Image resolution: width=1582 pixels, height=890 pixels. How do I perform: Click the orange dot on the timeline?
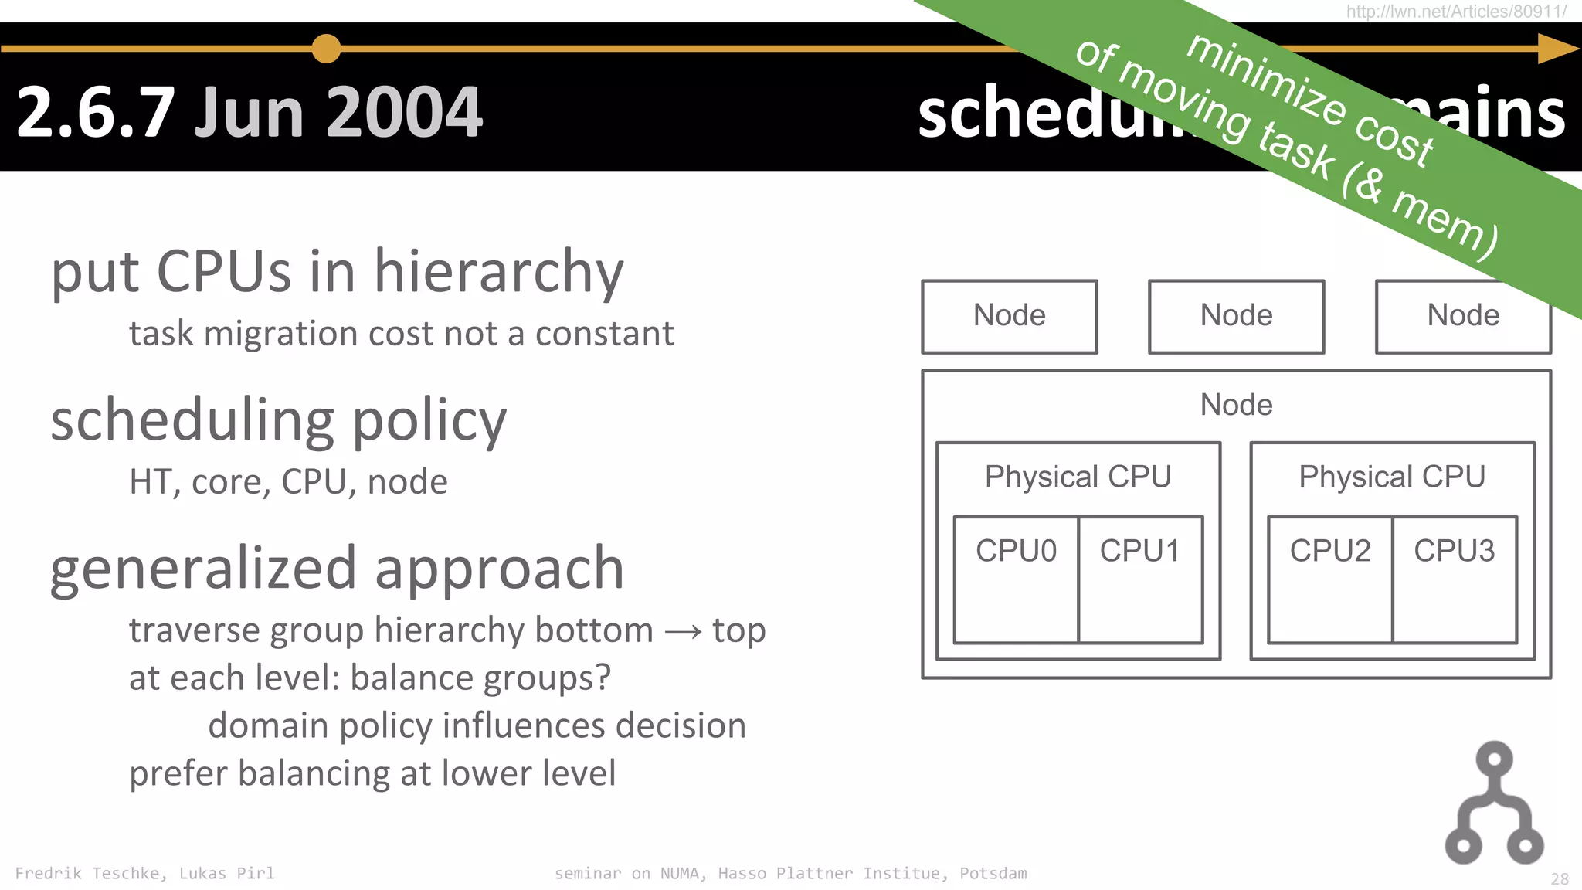coord(326,49)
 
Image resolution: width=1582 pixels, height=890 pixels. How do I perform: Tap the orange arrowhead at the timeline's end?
coord(1556,49)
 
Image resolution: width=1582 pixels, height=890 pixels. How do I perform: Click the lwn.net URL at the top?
coord(1456,11)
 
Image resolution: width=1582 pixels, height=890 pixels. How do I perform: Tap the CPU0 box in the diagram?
coord(1016,579)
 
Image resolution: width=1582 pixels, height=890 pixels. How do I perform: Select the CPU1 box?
coord(1140,579)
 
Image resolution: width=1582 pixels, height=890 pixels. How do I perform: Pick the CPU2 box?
coord(1330,579)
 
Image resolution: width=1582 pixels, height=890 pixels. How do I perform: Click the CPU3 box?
coord(1455,579)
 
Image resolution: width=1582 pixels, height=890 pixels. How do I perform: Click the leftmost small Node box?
coord(1009,316)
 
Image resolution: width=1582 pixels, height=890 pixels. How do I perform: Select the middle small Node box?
coord(1236,316)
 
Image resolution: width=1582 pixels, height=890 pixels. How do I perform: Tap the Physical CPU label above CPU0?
coord(1078,477)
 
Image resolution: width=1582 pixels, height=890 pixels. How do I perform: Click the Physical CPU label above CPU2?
coord(1392,477)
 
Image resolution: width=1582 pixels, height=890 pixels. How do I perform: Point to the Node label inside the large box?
coord(1236,405)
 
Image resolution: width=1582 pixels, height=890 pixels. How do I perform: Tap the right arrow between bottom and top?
coord(683,632)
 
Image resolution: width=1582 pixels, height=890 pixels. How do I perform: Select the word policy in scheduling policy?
coord(429,421)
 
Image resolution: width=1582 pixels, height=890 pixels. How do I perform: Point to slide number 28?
coord(1560,879)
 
